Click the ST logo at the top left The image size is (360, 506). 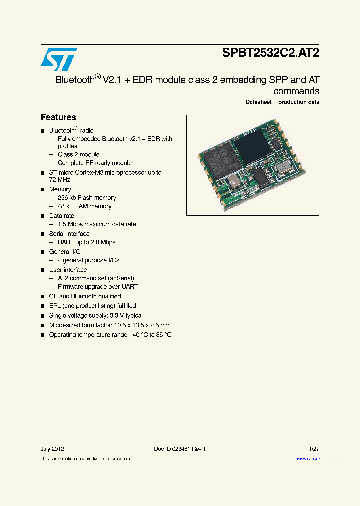59,59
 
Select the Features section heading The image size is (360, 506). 58,117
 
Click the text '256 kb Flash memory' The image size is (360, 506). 87,198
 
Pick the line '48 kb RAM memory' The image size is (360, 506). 84,206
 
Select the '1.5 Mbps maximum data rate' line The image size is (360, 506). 97,224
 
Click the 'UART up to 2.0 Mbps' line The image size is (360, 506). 86,242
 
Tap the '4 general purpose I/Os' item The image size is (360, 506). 88,260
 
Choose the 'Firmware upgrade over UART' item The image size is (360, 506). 97,287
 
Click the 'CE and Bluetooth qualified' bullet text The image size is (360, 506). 85,296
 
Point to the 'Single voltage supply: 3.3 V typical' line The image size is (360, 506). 96,315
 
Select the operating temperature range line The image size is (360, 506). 110,334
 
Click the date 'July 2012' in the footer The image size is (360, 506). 52,449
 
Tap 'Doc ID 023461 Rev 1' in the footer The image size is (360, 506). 180,449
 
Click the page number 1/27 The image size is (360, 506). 313,449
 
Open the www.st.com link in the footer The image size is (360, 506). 308,458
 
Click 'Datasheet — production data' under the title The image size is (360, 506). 282,102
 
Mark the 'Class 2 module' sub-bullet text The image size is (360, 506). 78,154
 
